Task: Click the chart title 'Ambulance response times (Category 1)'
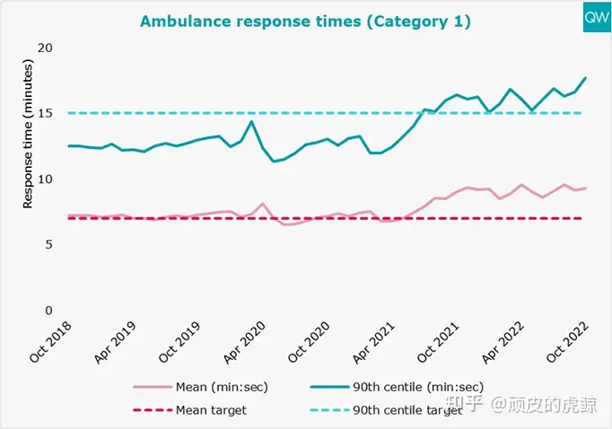(x=306, y=21)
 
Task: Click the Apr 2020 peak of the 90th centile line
(x=252, y=121)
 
